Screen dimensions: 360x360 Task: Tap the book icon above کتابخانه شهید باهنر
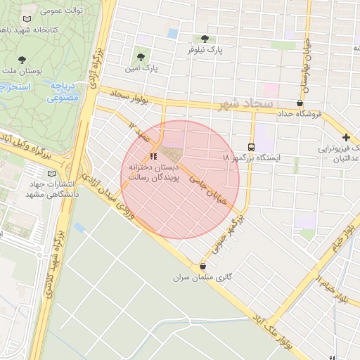[27, 20]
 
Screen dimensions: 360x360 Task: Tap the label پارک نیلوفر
[205, 51]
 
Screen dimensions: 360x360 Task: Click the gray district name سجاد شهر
[247, 104]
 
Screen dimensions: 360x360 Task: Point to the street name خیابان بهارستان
[306, 67]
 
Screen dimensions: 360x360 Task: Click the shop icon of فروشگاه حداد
[300, 103]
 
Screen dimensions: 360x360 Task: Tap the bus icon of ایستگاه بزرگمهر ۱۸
[252, 147]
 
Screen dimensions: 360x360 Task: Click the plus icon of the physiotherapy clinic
[345, 137]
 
